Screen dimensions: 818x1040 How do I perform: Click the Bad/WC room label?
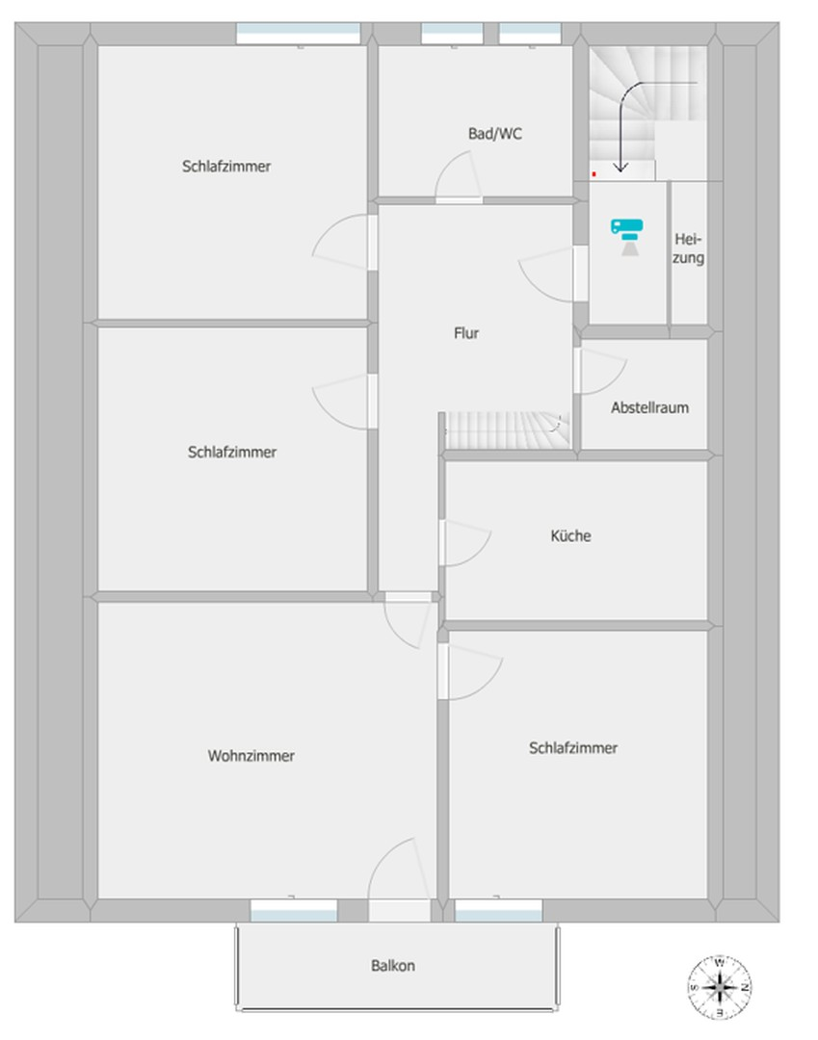click(495, 134)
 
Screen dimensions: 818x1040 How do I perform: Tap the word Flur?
click(466, 333)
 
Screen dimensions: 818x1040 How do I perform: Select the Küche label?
click(570, 535)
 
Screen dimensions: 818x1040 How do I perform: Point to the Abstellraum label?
click(649, 407)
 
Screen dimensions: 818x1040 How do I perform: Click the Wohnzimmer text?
click(251, 756)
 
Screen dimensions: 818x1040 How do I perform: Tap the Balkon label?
click(393, 965)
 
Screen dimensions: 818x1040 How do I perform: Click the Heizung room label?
click(688, 248)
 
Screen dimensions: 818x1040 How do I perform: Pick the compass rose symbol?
click(720, 987)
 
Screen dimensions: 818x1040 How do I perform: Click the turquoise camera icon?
click(627, 236)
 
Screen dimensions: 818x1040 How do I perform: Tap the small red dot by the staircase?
click(594, 174)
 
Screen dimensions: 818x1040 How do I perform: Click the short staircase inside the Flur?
click(507, 430)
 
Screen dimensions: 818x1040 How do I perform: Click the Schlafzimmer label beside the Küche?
click(573, 748)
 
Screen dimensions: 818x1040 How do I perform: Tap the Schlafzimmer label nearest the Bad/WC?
click(226, 166)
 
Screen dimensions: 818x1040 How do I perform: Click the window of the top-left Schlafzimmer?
click(299, 33)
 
